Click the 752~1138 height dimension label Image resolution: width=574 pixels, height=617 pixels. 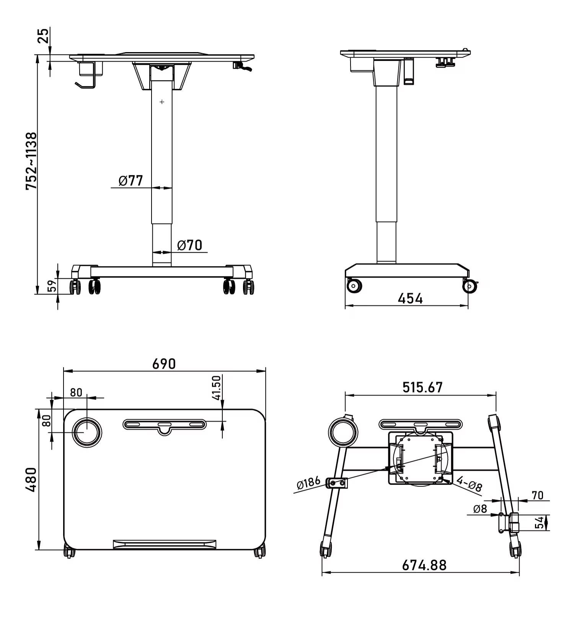[31, 161]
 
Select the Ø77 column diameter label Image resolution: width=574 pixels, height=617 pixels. [131, 180]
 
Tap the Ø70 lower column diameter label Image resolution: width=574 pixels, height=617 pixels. [190, 245]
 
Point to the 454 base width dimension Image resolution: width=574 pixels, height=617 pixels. [410, 298]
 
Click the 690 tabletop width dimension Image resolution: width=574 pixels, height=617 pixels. [164, 364]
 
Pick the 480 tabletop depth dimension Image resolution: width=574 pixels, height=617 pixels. [31, 480]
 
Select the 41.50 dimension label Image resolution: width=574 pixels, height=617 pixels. [216, 388]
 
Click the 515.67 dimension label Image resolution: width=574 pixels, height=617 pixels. [422, 388]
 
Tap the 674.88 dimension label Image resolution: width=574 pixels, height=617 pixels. [424, 565]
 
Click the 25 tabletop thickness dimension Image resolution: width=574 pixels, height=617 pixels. [43, 35]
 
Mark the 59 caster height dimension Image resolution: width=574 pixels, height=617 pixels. [52, 286]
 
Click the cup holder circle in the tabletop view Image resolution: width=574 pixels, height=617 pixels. [87, 432]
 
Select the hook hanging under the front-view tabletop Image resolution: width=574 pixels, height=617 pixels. [86, 84]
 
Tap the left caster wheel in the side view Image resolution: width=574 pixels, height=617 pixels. [354, 286]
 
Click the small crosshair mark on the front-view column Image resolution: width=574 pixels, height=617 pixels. [162, 102]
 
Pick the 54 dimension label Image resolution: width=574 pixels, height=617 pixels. [539, 522]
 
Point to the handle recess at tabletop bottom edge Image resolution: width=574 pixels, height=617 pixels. [165, 544]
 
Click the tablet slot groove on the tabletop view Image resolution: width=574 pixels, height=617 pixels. [165, 424]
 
